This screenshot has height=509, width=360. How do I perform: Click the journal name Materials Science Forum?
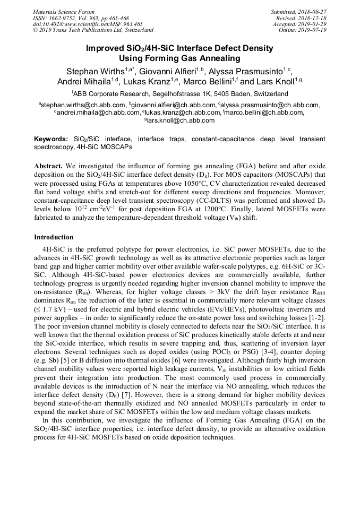(x=64, y=12)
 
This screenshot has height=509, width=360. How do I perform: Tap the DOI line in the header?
(x=87, y=24)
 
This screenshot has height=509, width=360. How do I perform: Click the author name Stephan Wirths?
(x=96, y=71)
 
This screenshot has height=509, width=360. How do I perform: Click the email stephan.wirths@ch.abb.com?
(x=84, y=105)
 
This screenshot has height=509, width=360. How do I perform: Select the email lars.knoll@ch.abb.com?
(x=181, y=120)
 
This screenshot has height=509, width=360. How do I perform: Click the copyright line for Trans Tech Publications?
(x=93, y=30)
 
